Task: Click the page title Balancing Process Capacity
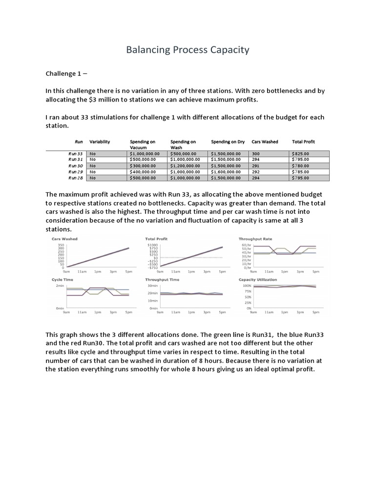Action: pyautogui.click(x=187, y=50)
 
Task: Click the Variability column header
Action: pyautogui.click(x=100, y=142)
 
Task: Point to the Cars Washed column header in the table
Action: pyautogui.click(x=265, y=142)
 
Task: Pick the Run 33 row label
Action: pyautogui.click(x=76, y=153)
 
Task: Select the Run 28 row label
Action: pyautogui.click(x=76, y=178)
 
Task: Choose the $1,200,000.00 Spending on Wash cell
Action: pyautogui.click(x=187, y=166)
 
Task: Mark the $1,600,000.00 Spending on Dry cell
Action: pyautogui.click(x=226, y=172)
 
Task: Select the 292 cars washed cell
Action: pyautogui.click(x=256, y=172)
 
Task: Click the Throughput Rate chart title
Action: pyautogui.click(x=255, y=239)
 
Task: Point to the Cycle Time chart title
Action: pyautogui.click(x=62, y=280)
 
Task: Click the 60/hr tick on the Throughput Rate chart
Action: pyautogui.click(x=247, y=244)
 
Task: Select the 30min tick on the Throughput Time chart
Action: pyautogui.click(x=153, y=285)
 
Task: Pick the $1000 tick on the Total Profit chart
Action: pyautogui.click(x=153, y=244)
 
